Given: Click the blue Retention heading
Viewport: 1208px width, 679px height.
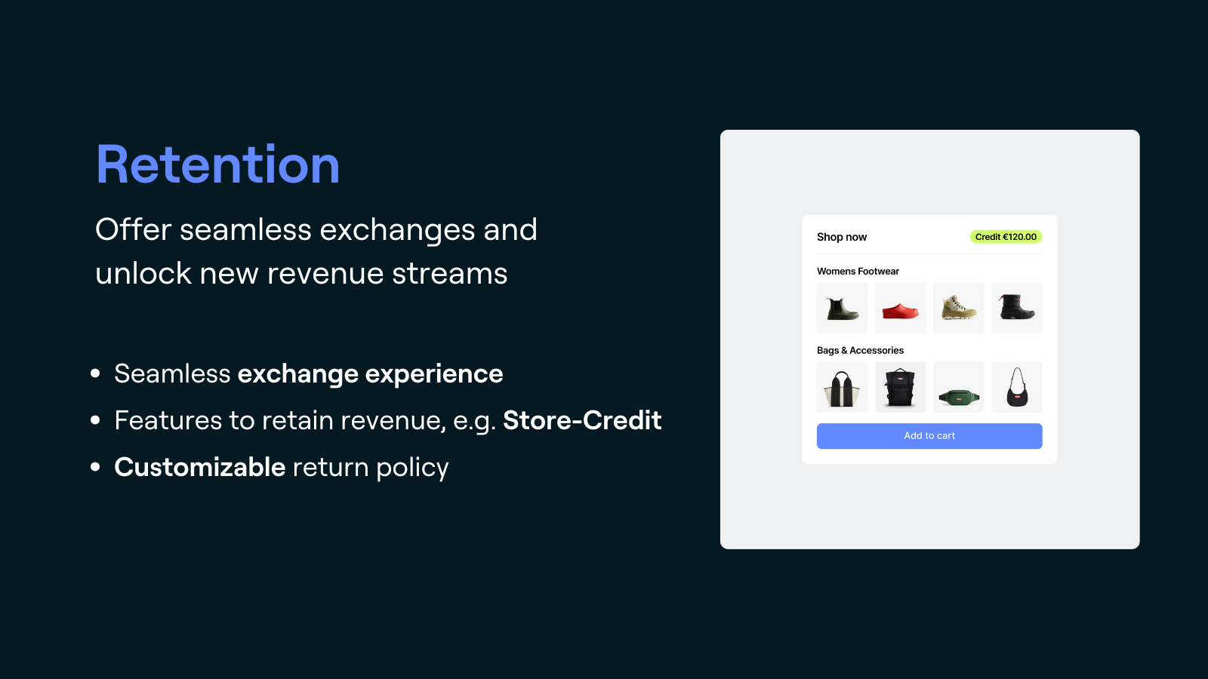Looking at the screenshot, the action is point(217,164).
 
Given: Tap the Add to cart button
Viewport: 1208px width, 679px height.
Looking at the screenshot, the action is point(929,436).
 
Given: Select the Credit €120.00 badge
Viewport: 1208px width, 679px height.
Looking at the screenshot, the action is point(1006,237).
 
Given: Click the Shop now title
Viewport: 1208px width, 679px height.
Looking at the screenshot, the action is point(841,237).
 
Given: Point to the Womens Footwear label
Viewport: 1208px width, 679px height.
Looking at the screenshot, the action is point(858,271).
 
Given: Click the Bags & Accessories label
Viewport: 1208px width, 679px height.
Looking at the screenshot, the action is point(860,350).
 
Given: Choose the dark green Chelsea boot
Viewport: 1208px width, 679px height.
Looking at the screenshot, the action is point(842,309).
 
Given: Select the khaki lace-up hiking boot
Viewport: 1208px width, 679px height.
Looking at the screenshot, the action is point(958,309).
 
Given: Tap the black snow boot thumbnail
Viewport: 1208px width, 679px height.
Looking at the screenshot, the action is point(1016,309).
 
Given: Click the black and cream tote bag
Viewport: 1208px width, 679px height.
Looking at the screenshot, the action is point(842,388).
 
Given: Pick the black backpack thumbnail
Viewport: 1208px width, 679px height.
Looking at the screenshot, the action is point(900,388).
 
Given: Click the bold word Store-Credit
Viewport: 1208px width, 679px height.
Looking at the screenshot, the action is point(582,420).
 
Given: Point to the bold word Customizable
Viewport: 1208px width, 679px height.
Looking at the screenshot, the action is point(199,467).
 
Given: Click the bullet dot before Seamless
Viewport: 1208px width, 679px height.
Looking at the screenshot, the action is point(95,373).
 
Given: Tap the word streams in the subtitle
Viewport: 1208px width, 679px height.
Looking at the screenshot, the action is point(449,273).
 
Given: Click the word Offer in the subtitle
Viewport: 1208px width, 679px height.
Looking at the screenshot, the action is point(133,229).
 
